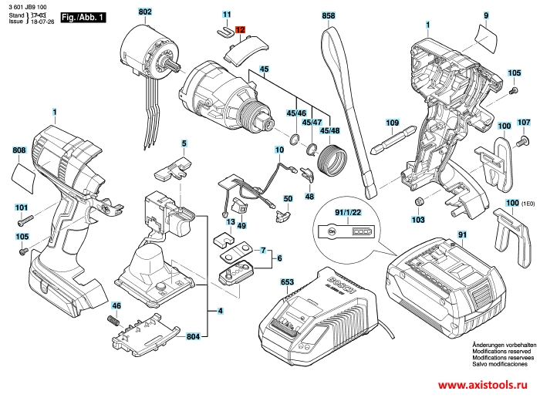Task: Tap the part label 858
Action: pyautogui.click(x=329, y=15)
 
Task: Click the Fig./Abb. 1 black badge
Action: pyautogui.click(x=83, y=16)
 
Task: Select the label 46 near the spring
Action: pyautogui.click(x=116, y=305)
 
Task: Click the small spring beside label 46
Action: pyautogui.click(x=114, y=318)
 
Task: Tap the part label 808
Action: pyautogui.click(x=19, y=150)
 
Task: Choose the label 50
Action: pyautogui.click(x=288, y=198)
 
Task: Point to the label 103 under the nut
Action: pyautogui.click(x=418, y=220)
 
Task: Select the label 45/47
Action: pyautogui.click(x=312, y=123)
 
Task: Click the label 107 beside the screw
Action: pyautogui.click(x=524, y=123)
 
